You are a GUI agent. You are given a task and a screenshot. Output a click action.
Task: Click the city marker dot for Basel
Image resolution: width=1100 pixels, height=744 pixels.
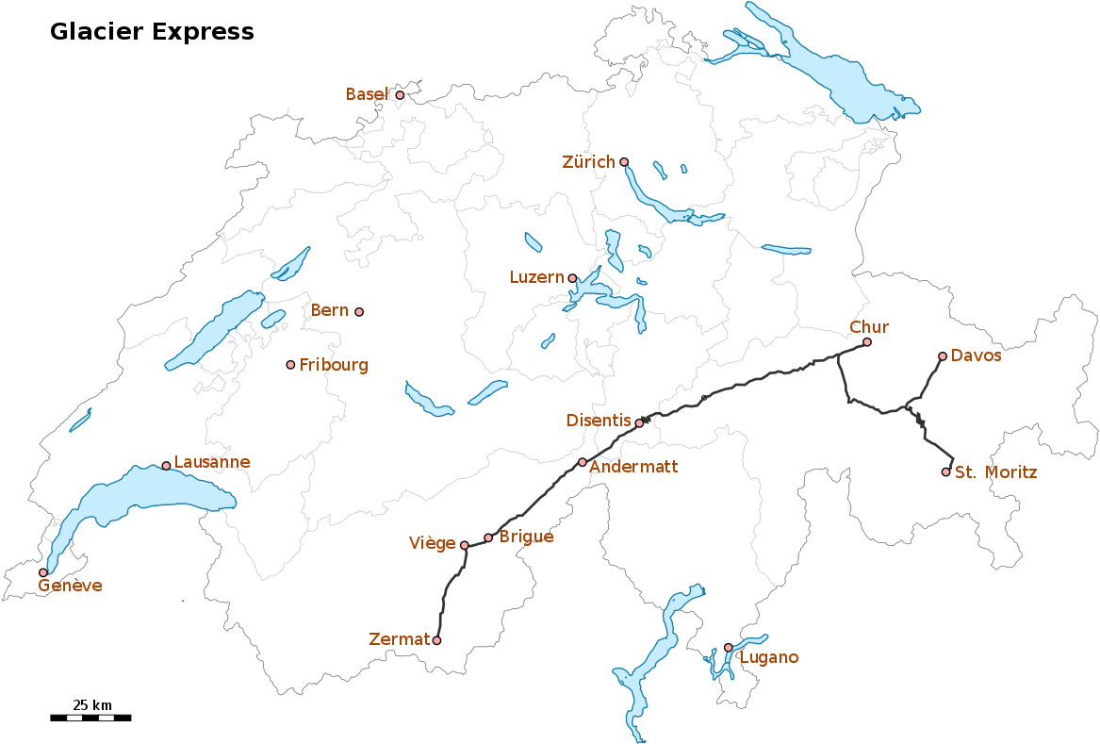point(400,95)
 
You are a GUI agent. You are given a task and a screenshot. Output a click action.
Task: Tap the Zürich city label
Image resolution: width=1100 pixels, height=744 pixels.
point(588,162)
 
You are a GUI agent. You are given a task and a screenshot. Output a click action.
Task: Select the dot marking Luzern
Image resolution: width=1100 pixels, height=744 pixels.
point(572,278)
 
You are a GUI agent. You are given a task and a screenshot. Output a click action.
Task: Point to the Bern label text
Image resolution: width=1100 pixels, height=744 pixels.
point(330,310)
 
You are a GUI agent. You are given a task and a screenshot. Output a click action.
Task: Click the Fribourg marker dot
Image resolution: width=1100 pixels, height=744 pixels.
point(290,365)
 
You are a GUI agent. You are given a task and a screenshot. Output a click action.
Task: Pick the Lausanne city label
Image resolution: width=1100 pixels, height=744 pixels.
point(212,462)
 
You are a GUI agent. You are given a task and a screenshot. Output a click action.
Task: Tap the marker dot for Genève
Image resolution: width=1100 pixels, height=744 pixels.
point(42,572)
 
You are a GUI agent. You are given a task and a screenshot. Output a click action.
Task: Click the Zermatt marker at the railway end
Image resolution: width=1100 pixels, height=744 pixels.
point(436,640)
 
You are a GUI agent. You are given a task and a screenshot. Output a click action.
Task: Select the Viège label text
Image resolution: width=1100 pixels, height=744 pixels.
point(433,543)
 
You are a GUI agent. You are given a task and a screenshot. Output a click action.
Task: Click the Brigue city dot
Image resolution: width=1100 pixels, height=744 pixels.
point(488,537)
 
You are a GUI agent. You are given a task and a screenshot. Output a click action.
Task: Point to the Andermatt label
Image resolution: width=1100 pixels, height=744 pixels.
point(633,467)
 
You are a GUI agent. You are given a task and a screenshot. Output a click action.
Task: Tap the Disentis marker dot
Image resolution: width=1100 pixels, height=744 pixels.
point(639,423)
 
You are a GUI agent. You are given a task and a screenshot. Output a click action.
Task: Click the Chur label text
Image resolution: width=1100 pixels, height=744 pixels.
point(869,327)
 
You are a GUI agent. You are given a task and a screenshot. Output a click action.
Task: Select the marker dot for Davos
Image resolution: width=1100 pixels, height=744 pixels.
point(943,356)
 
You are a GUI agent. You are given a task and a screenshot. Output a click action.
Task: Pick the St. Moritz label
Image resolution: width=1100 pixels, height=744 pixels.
point(995,472)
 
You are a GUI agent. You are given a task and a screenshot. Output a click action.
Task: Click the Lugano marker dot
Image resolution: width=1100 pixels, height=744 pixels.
point(728,647)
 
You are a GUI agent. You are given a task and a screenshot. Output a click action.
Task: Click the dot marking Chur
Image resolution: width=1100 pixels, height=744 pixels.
point(867,342)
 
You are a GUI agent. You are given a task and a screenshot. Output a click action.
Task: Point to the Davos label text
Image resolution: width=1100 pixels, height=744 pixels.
point(976,355)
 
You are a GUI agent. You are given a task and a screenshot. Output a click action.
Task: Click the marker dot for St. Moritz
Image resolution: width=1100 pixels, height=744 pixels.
point(946,471)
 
